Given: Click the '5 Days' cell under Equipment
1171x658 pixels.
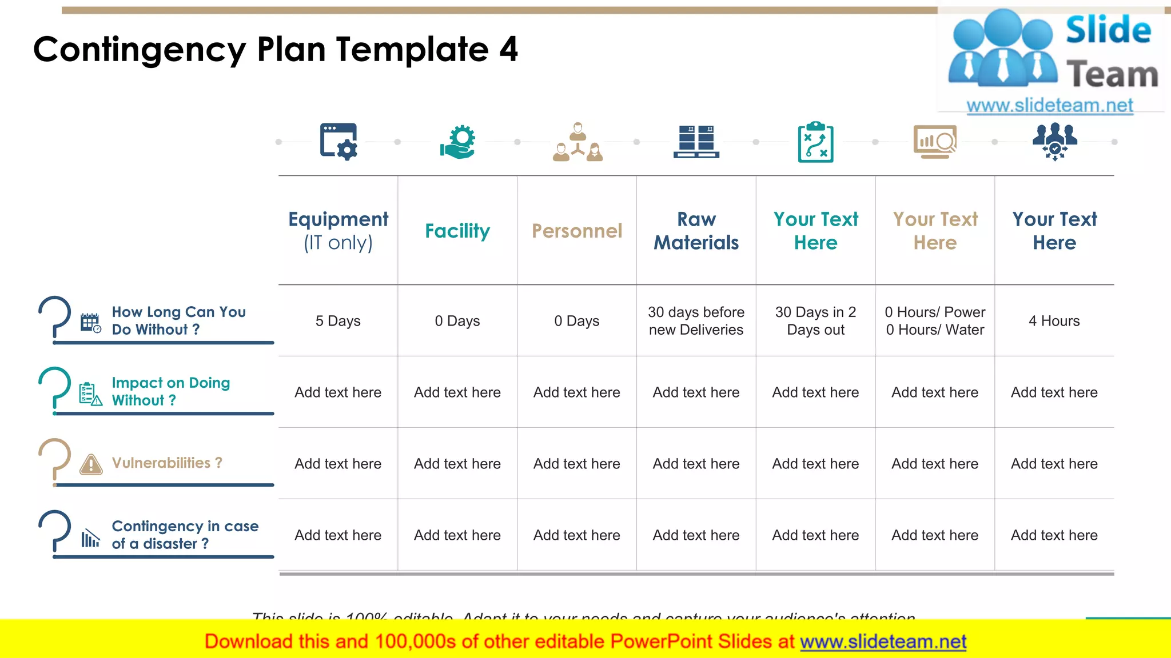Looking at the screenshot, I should (338, 321).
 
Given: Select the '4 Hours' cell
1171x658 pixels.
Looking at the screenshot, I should (1054, 321).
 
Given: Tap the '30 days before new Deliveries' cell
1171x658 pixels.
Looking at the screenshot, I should (696, 321).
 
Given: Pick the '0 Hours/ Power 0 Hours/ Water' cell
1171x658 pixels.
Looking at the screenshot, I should (935, 321).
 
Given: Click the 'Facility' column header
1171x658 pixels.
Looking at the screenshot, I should (457, 231).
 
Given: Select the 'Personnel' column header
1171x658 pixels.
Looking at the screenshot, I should (576, 231).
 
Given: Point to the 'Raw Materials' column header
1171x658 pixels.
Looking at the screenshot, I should (696, 231).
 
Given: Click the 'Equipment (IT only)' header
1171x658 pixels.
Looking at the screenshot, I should (338, 231).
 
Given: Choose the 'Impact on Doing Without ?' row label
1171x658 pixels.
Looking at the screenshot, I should (170, 391).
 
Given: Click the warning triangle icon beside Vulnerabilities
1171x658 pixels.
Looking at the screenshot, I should (91, 464).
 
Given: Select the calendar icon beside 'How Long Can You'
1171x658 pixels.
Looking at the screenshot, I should (90, 323).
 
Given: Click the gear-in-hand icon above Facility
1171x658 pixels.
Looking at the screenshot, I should (458, 142).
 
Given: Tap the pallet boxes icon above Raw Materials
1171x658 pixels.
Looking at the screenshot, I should (696, 142).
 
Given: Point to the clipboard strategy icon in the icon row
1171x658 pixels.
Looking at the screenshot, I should (815, 142).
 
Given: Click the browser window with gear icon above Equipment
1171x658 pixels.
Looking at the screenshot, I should (338, 142).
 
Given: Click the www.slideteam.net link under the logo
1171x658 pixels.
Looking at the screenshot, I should (1049, 106).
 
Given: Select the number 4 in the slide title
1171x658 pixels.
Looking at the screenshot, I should (508, 49).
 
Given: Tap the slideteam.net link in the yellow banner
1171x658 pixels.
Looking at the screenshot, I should (883, 642).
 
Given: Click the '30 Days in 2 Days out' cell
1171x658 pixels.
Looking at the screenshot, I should (815, 321).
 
